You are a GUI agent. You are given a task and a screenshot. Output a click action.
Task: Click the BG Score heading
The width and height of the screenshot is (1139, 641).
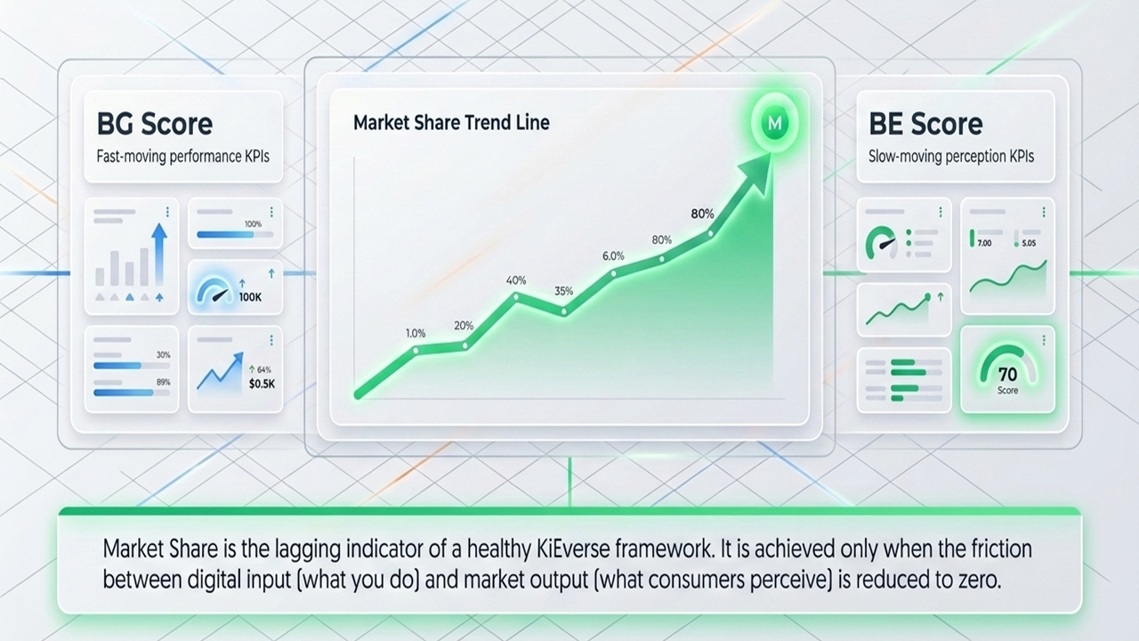(x=154, y=124)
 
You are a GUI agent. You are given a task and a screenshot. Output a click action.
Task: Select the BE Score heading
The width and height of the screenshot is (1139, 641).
(x=925, y=124)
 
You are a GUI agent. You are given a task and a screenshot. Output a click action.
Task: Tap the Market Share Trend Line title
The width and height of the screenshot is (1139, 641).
(x=451, y=122)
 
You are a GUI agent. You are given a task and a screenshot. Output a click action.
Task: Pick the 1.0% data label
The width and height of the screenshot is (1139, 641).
(x=416, y=333)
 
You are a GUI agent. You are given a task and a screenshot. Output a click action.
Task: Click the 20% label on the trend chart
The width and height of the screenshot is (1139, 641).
(x=464, y=325)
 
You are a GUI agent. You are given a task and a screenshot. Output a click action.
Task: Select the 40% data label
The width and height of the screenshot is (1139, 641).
(x=516, y=280)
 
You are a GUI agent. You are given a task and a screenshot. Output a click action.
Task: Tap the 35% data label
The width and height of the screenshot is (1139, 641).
(x=563, y=291)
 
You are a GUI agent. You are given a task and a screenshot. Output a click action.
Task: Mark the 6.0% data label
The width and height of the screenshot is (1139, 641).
(x=613, y=256)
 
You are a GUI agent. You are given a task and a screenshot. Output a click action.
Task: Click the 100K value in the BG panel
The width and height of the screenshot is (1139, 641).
(x=251, y=297)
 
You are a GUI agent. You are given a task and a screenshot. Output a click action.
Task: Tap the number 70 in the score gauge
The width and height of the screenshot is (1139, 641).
(x=1007, y=375)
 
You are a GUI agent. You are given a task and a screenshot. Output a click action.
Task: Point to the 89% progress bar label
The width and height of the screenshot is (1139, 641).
(x=164, y=383)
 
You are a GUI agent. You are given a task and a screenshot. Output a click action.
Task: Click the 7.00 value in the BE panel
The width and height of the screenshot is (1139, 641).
(x=984, y=242)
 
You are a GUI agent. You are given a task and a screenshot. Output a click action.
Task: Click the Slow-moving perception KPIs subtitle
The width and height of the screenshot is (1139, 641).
(x=950, y=156)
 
